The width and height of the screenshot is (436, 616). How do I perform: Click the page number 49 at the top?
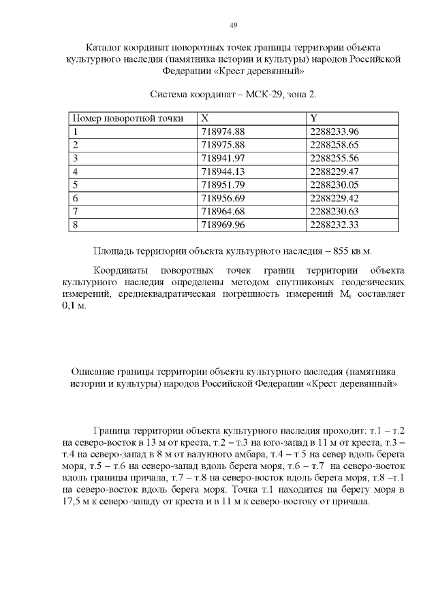click(234, 25)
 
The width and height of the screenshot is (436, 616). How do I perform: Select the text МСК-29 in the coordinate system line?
click(262, 92)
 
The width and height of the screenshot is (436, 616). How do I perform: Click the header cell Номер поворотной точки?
click(128, 118)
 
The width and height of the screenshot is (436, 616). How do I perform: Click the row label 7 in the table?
click(75, 211)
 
